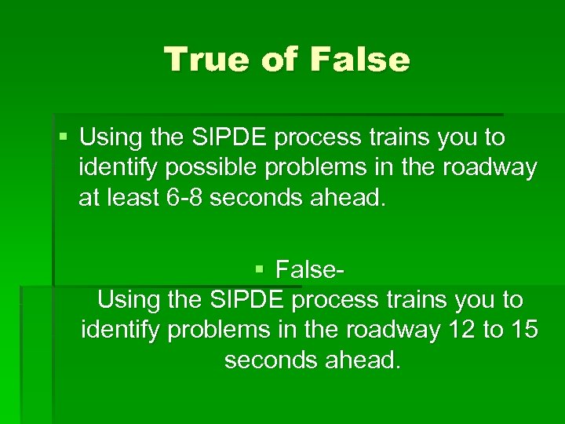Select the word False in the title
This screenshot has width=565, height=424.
pyautogui.click(x=360, y=60)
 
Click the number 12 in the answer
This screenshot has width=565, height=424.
pyautogui.click(x=460, y=330)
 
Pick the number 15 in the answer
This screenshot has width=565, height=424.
pyautogui.click(x=523, y=330)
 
